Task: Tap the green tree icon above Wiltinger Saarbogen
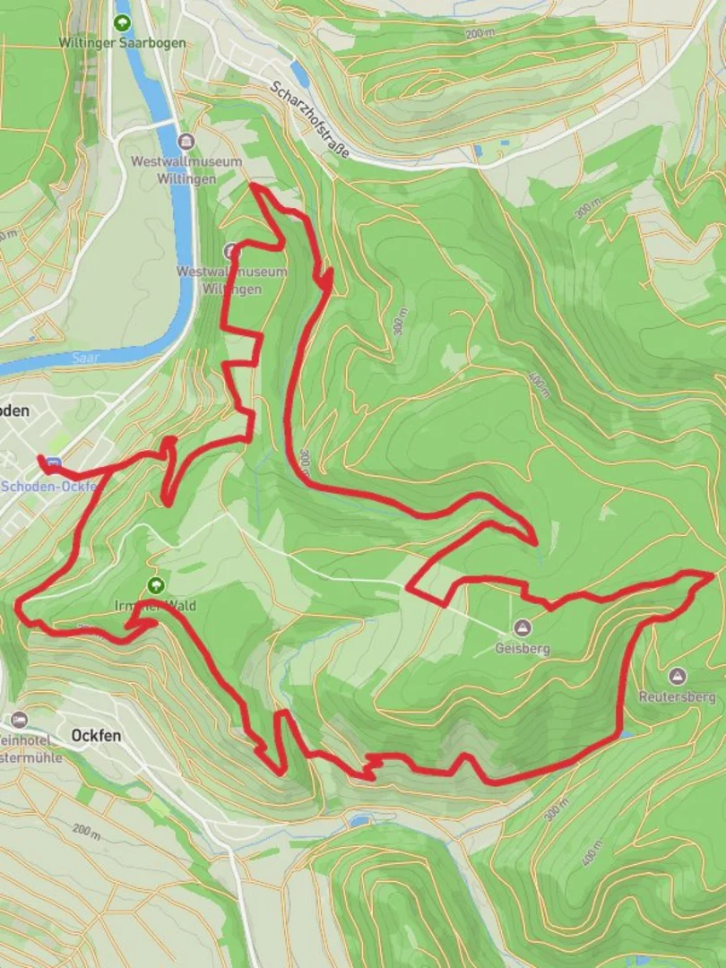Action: click(x=122, y=22)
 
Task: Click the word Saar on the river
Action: click(x=86, y=357)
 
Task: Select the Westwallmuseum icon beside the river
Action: click(x=186, y=142)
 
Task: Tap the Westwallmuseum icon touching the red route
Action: click(x=232, y=252)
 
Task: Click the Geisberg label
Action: click(x=522, y=647)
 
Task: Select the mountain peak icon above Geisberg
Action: click(x=522, y=627)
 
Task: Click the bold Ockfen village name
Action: click(x=96, y=735)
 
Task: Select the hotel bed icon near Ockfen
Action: click(x=20, y=719)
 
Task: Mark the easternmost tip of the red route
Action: click(x=713, y=574)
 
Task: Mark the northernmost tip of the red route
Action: click(x=254, y=185)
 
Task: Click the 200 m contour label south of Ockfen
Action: click(x=86, y=831)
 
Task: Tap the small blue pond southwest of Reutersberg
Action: click(x=625, y=734)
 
